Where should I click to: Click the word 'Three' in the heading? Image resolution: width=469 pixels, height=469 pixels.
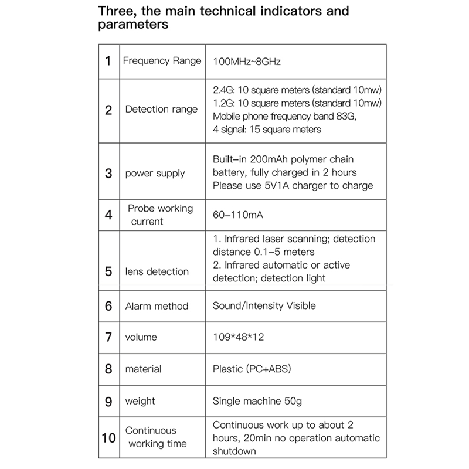pos(119,12)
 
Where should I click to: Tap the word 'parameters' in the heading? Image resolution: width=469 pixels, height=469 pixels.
pos(133,25)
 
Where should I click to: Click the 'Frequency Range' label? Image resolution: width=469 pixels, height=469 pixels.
pos(162,61)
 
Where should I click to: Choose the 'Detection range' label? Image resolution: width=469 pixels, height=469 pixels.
pos(161,110)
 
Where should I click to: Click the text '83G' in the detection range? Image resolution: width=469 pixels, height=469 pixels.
pos(346,116)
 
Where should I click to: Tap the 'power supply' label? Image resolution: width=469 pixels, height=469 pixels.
pos(155,174)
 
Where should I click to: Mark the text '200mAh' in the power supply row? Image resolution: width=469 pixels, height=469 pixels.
pos(267,160)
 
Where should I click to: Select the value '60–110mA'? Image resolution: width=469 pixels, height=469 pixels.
pos(238,215)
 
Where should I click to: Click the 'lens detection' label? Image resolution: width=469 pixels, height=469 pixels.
pos(157,271)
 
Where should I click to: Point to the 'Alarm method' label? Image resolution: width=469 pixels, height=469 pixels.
pos(157,305)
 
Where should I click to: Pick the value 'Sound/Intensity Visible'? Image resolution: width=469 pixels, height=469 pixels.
pos(264,305)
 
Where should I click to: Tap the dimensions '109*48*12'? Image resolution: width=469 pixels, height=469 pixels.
pos(238,338)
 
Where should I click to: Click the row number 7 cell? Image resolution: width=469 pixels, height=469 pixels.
pos(108,338)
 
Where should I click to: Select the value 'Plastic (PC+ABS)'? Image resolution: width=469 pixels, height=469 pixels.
pos(252,369)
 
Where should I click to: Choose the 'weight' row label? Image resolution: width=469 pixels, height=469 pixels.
pos(140,402)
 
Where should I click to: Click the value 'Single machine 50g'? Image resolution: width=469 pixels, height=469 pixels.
pos(257,402)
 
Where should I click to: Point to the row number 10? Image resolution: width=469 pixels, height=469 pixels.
pos(108,437)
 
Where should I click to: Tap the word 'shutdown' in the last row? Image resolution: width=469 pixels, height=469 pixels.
pos(235,451)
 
